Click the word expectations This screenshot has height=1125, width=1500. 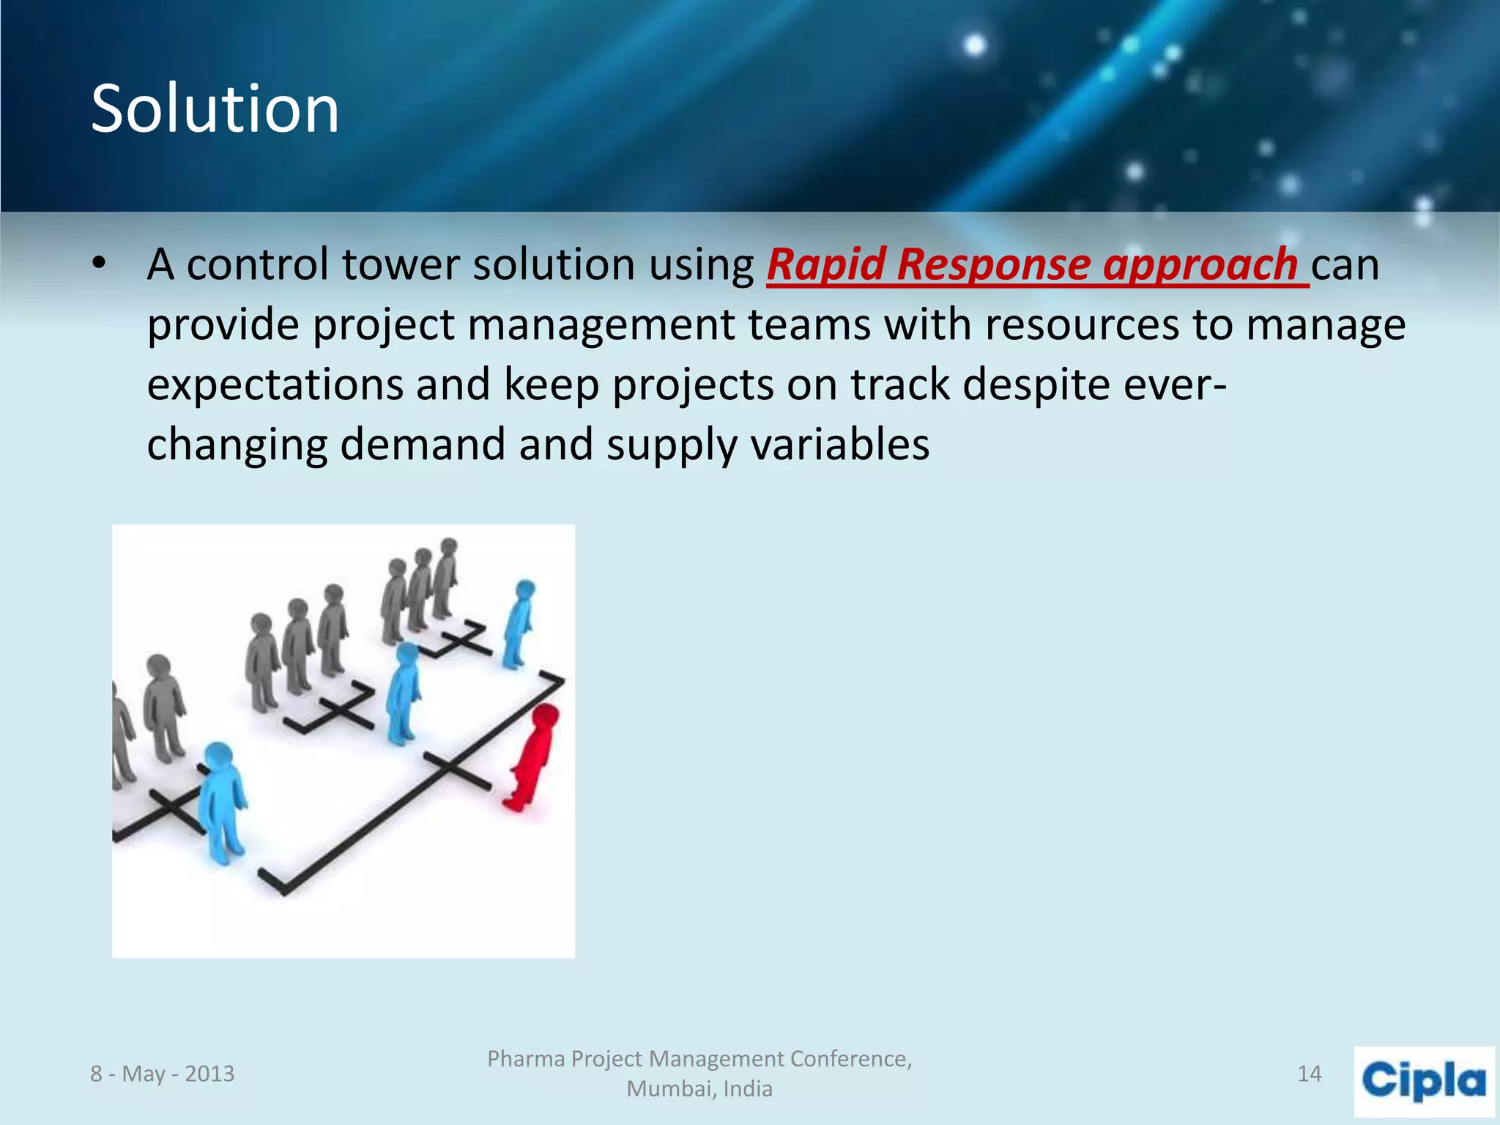[x=275, y=385]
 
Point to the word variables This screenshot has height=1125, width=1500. [x=840, y=445]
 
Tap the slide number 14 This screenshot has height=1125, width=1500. [x=1309, y=1074]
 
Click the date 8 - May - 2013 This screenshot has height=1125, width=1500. [x=162, y=1074]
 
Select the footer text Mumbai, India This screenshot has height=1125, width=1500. [x=699, y=1089]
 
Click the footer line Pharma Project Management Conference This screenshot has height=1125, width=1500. [x=699, y=1059]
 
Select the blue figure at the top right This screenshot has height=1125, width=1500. [x=519, y=623]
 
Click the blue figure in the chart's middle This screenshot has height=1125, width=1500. [x=403, y=692]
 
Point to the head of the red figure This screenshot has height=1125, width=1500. [x=546, y=716]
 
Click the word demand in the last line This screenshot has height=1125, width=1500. [x=423, y=445]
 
